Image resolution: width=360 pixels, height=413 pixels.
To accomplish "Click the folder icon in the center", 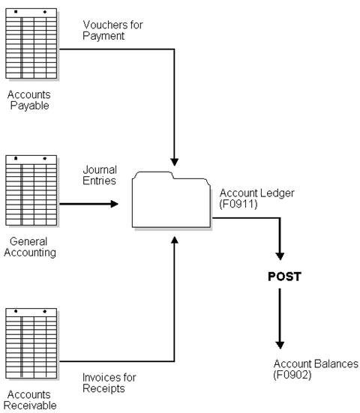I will (171, 199).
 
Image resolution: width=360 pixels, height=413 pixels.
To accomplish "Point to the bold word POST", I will (284, 277).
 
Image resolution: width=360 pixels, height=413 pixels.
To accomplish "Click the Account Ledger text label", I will (256, 193).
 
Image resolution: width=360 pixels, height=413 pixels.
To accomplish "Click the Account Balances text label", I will (316, 364).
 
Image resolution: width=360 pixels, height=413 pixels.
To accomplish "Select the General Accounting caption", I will (30, 247).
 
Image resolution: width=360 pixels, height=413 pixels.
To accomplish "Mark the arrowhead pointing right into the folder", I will (114, 202).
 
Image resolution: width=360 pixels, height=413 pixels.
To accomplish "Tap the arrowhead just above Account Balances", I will (280, 343).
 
